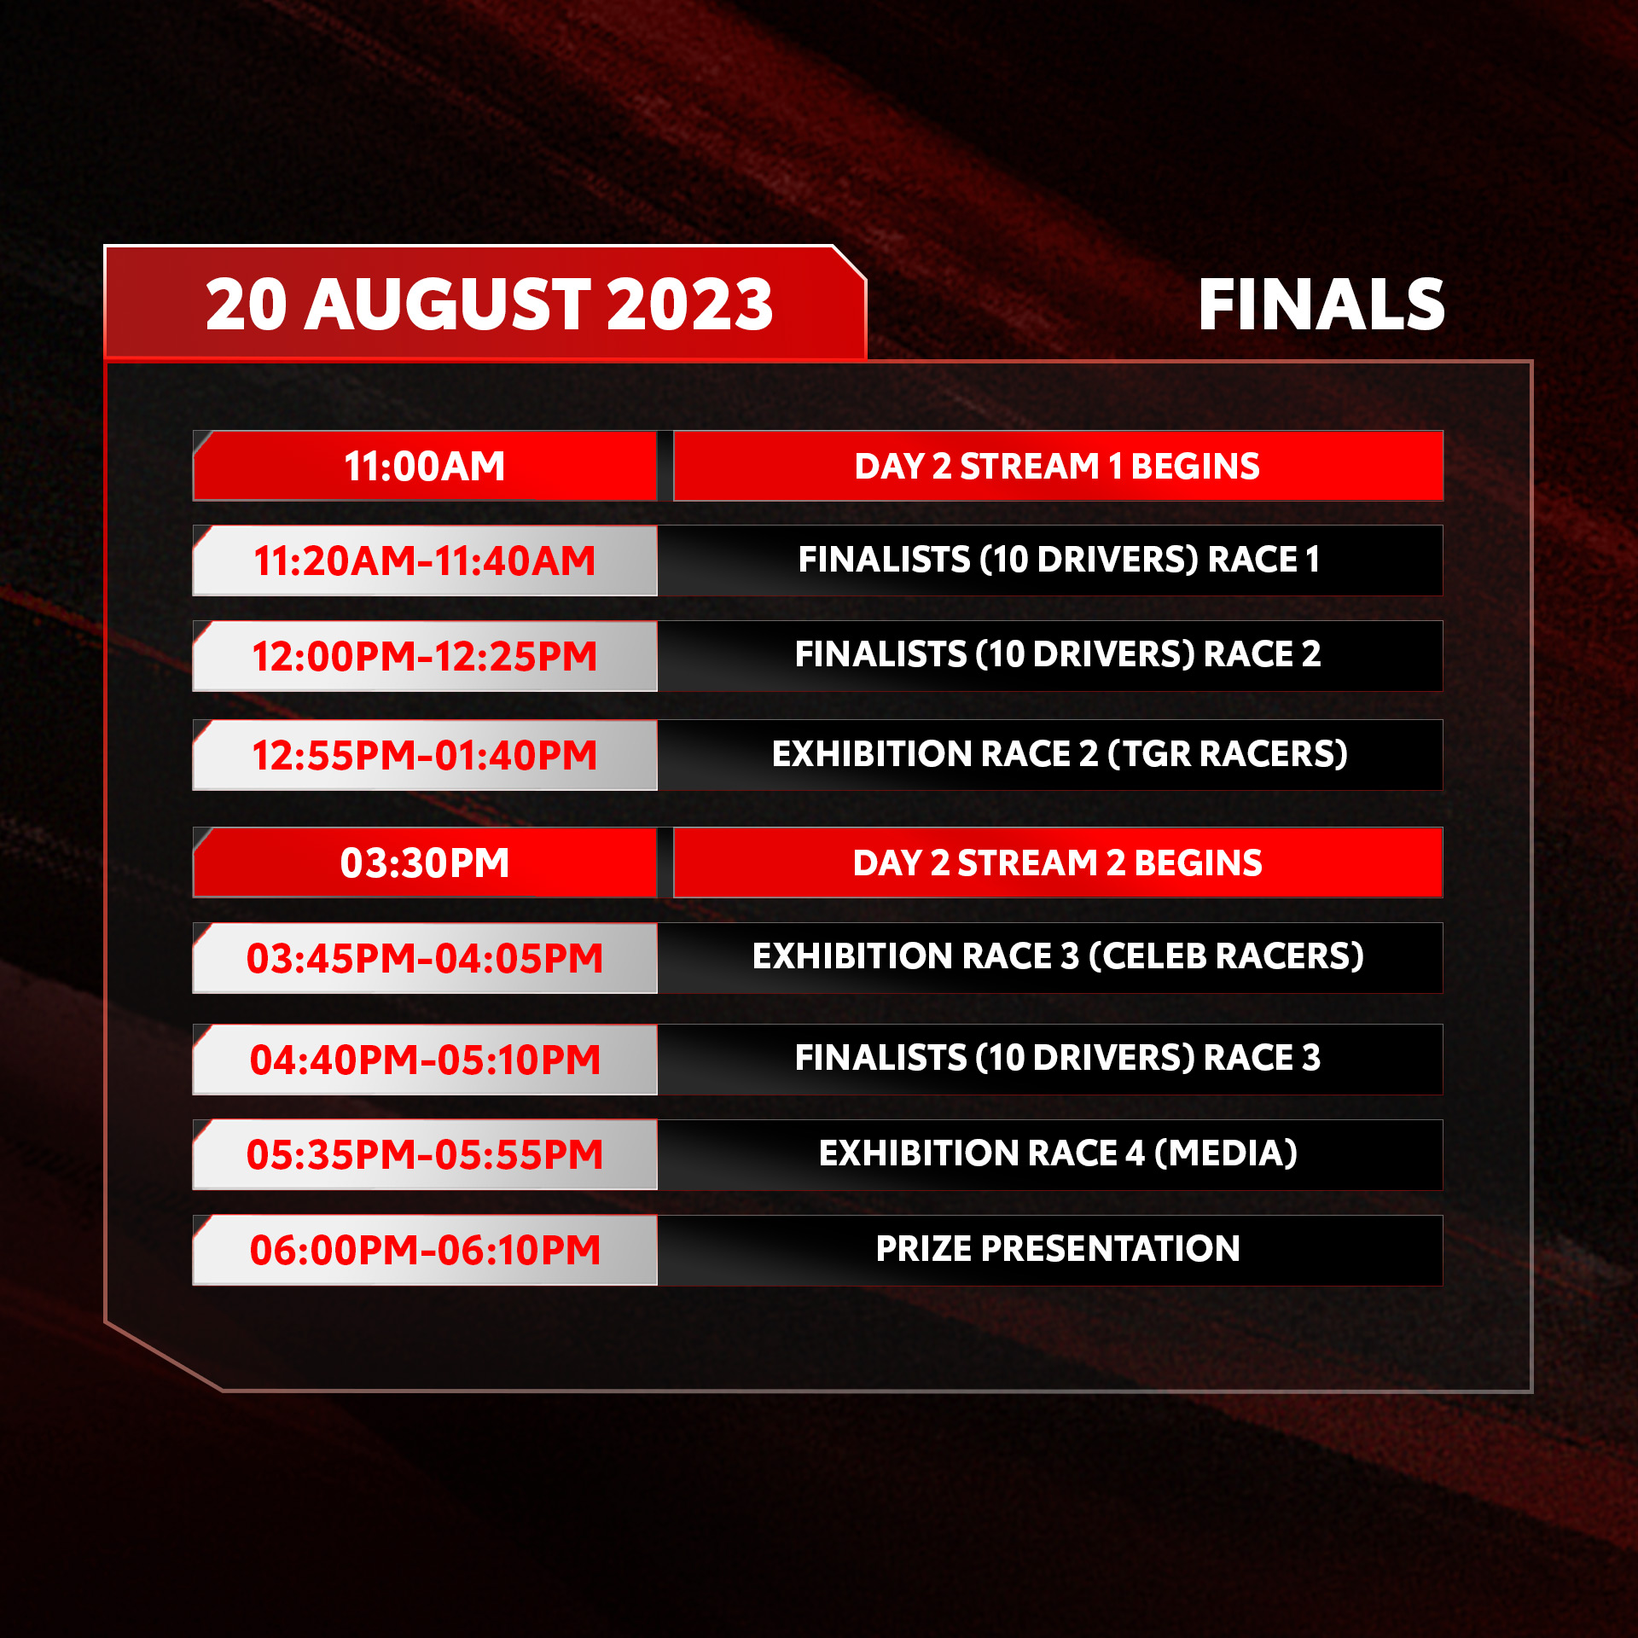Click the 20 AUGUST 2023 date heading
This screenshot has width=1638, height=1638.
[489, 304]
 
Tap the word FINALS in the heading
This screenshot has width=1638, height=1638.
[1321, 305]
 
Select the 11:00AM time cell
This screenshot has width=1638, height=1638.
[425, 466]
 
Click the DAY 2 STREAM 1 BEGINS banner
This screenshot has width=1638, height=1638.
[1058, 466]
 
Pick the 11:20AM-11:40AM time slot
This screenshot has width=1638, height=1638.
[425, 561]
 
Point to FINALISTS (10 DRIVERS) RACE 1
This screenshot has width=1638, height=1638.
[1059, 560]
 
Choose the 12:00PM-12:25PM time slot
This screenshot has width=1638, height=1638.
[425, 656]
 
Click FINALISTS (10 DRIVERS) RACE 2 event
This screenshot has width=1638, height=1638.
[1058, 654]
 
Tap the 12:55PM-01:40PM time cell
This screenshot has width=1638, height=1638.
[425, 755]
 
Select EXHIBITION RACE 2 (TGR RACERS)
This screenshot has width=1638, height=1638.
[1060, 754]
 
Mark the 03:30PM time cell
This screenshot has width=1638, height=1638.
[425, 863]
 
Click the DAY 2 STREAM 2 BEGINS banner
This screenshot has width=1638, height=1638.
[1058, 863]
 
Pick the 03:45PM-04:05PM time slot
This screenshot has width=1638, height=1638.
[425, 958]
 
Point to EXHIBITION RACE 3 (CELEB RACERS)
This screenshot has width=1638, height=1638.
[1058, 956]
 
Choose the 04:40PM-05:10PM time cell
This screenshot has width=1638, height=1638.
[425, 1060]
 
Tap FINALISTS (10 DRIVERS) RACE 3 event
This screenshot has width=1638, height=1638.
[1058, 1058]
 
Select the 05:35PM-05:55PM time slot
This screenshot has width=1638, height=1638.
[425, 1154]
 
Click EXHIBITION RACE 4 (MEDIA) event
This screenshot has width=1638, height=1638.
[1058, 1153]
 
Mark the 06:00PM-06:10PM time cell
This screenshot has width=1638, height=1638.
[425, 1250]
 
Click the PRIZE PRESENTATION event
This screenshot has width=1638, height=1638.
[1058, 1249]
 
